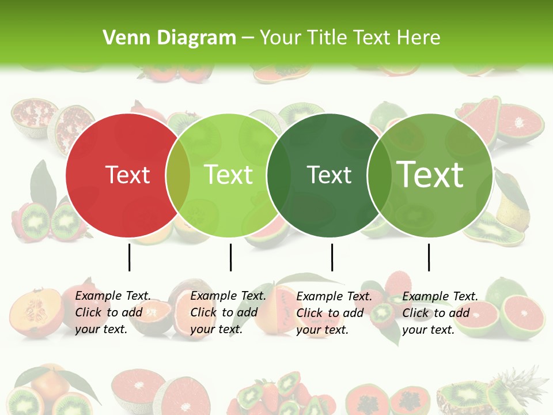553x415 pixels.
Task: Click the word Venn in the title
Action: click(x=121, y=38)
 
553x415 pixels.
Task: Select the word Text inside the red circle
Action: click(x=128, y=175)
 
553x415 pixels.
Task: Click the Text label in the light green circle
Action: click(x=229, y=175)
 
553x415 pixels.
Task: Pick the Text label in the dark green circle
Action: click(x=329, y=175)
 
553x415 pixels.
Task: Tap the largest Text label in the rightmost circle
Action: click(x=430, y=175)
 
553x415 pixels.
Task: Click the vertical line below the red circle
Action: click(x=130, y=257)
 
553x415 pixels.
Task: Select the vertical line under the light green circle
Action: click(x=230, y=257)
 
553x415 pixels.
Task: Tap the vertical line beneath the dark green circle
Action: click(x=332, y=257)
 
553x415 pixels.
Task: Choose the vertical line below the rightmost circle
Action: click(x=429, y=257)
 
